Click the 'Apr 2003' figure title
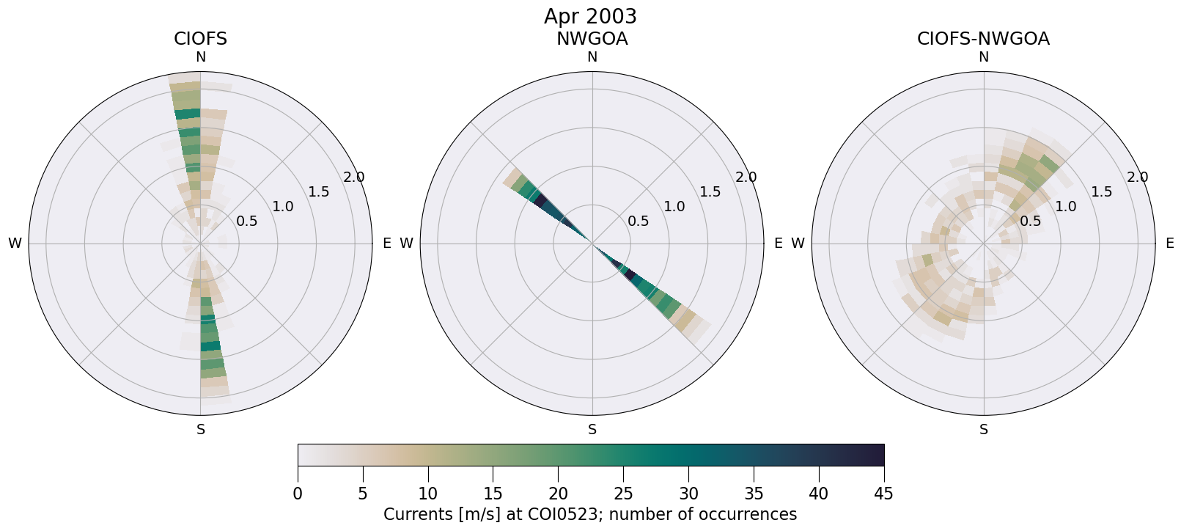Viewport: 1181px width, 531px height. pyautogui.click(x=590, y=16)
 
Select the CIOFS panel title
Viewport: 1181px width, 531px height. pyautogui.click(x=200, y=39)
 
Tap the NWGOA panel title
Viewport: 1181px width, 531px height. pyautogui.click(x=592, y=39)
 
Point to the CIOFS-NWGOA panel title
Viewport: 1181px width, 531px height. pyautogui.click(x=983, y=39)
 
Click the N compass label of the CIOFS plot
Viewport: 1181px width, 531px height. pyautogui.click(x=200, y=57)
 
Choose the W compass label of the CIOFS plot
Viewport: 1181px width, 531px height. pyautogui.click(x=15, y=243)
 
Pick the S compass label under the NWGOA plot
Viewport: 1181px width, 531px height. pyautogui.click(x=592, y=430)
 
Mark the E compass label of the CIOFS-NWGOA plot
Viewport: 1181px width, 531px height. pyautogui.click(x=1169, y=243)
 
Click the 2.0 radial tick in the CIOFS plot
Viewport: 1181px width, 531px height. pyautogui.click(x=354, y=177)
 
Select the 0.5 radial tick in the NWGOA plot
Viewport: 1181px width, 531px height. pyautogui.click(x=639, y=221)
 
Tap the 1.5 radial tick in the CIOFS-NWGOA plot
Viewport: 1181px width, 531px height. pyautogui.click(x=1102, y=192)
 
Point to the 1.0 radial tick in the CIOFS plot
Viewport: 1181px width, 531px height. pyautogui.click(x=283, y=207)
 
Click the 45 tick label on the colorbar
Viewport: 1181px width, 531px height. pyautogui.click(x=883, y=494)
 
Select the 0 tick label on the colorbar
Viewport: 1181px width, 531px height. pyautogui.click(x=298, y=494)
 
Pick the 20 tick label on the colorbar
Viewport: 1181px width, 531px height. pyautogui.click(x=558, y=494)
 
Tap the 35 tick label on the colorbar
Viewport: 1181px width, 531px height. pyautogui.click(x=754, y=494)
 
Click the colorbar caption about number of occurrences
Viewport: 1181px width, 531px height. pyautogui.click(x=590, y=514)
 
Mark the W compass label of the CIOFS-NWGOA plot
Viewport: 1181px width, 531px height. pyautogui.click(x=798, y=243)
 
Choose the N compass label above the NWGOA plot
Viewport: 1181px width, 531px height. pyautogui.click(x=592, y=57)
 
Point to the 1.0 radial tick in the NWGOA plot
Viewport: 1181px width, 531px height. pyautogui.click(x=674, y=207)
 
